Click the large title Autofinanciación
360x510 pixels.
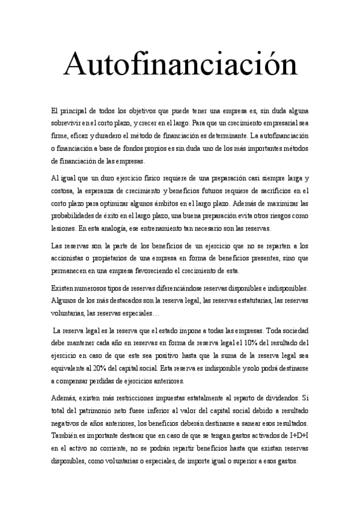click(180, 64)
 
